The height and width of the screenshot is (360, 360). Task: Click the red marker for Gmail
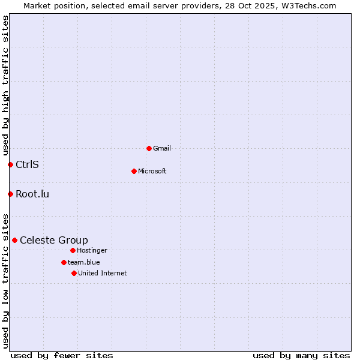[x=149, y=148]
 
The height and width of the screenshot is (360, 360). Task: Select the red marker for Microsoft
[x=134, y=171]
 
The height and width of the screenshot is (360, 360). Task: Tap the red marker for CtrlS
[x=10, y=164]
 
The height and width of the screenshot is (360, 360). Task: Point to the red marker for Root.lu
[x=10, y=194]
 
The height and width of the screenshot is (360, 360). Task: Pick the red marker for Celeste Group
[x=14, y=240]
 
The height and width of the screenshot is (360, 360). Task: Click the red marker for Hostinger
[x=73, y=250]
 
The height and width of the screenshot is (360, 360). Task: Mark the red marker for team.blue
[x=64, y=262]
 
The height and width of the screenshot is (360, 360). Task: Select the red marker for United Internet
[x=74, y=273]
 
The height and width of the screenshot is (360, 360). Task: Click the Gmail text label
[x=163, y=148]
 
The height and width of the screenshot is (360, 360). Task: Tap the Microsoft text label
[x=152, y=171]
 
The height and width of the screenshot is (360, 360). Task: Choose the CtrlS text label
[x=27, y=164]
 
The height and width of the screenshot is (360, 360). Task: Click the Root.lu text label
[x=32, y=194]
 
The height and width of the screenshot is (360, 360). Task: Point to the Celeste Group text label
[x=54, y=240]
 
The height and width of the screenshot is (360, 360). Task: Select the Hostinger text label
[x=92, y=250]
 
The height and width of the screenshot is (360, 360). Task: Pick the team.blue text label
[x=84, y=262]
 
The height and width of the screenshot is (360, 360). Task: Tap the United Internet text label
[x=103, y=273]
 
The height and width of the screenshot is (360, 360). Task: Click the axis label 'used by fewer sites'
[x=62, y=355]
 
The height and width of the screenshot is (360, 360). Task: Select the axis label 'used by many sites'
[x=301, y=355]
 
